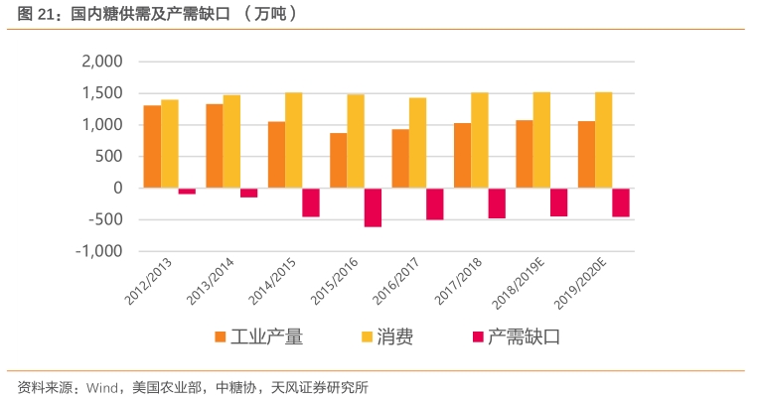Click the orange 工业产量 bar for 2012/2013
(152, 147)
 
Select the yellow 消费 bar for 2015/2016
(356, 141)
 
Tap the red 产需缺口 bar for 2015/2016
(373, 207)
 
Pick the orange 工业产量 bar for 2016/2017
(400, 159)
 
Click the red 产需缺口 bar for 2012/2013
(187, 191)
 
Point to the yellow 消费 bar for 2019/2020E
(604, 140)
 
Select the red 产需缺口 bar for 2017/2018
(497, 203)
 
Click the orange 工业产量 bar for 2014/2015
(276, 155)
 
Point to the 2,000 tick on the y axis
(101, 62)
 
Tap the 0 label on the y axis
(118, 188)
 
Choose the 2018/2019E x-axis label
(520, 284)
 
